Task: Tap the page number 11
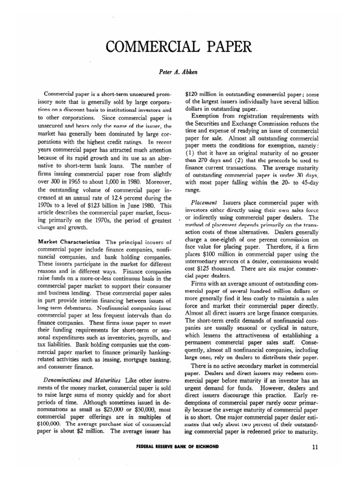[315, 447]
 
